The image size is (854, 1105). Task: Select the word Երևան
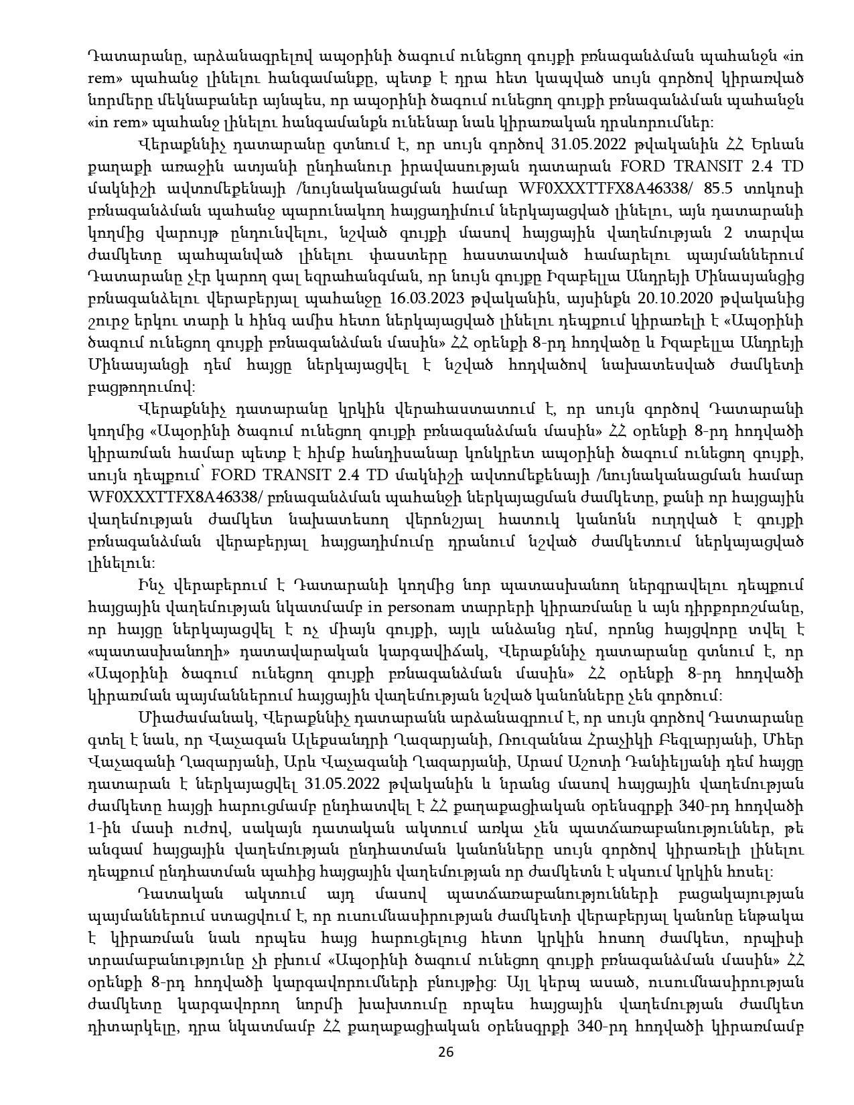[777, 144]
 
